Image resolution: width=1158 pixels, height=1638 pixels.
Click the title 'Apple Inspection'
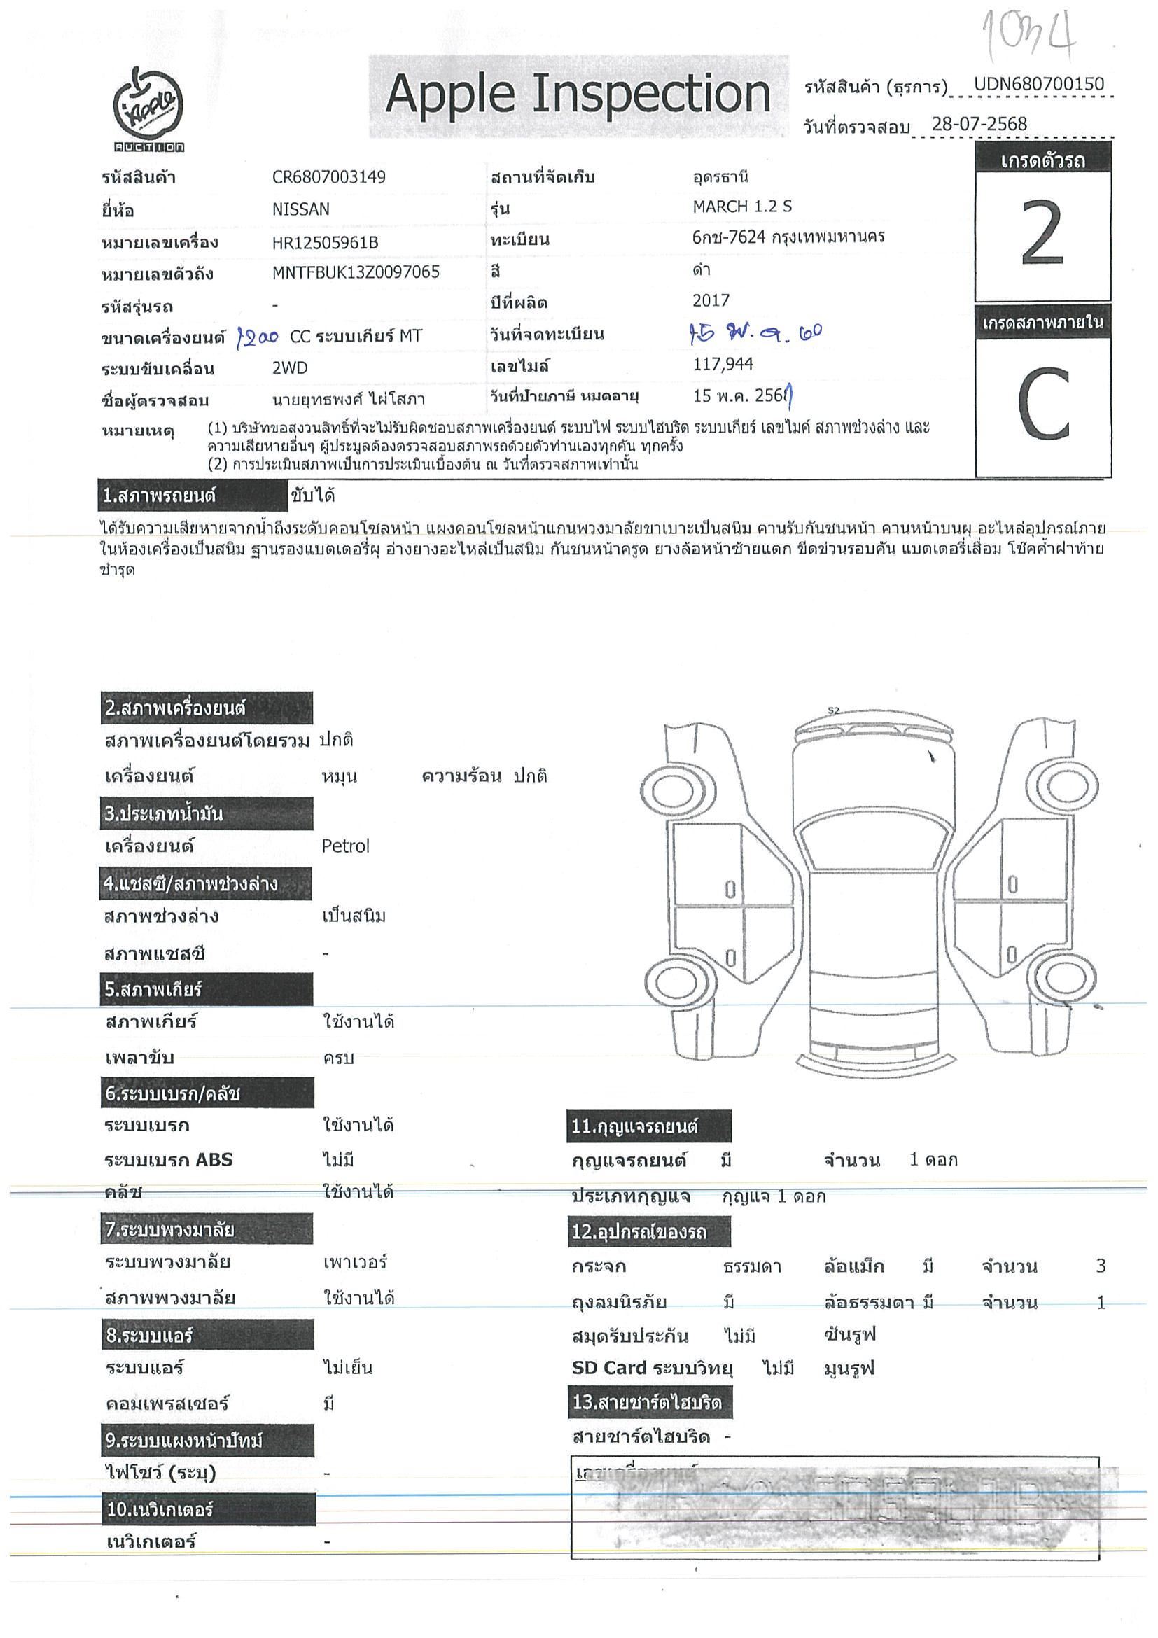[x=577, y=96]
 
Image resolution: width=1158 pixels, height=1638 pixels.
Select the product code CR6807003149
[x=328, y=177]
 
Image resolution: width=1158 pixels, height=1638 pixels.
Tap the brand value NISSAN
[x=300, y=210]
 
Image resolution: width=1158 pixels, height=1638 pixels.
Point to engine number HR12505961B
[x=325, y=243]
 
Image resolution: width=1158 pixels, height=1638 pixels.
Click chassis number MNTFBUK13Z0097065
[x=356, y=272]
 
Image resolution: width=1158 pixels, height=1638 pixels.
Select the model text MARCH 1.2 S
[x=742, y=207]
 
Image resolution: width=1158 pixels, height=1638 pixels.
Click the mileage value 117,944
[x=723, y=365]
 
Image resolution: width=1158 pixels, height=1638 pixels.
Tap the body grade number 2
[x=1042, y=234]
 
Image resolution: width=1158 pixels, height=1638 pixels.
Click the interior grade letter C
[x=1043, y=405]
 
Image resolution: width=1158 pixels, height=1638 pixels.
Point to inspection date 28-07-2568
[x=979, y=123]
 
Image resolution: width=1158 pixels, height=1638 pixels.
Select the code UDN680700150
[x=1039, y=84]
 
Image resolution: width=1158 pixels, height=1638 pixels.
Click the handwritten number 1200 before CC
[x=257, y=337]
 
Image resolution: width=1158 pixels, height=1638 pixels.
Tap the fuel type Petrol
[x=345, y=846]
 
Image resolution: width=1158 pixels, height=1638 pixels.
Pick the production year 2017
[x=711, y=300]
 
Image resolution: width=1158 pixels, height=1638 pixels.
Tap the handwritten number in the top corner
[x=1028, y=32]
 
